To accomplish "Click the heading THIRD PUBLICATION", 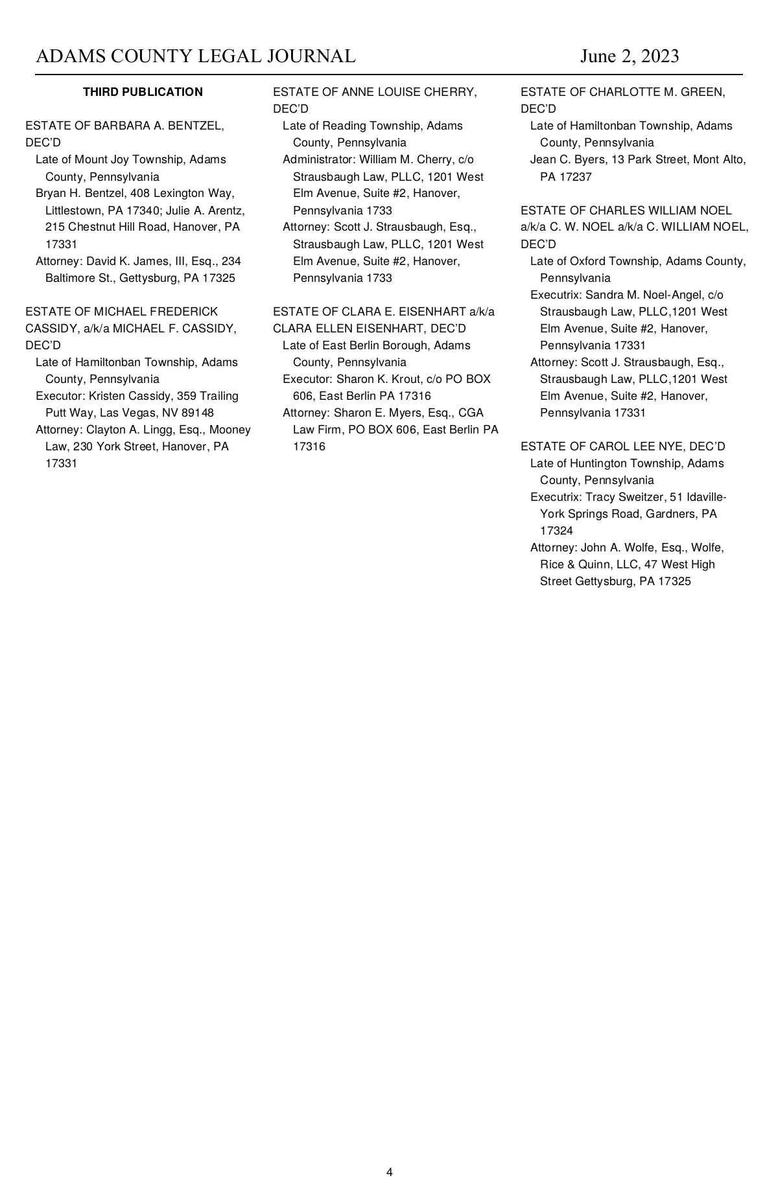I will (x=143, y=92).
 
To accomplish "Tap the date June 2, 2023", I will (x=630, y=56).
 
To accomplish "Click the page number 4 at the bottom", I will (x=389, y=1172).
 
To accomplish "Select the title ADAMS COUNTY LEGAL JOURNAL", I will (x=196, y=56).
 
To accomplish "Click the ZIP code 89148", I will (x=198, y=413).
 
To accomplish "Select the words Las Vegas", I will (x=125, y=413).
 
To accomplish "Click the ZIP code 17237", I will (x=576, y=176).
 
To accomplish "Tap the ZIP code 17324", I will (x=556, y=531).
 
